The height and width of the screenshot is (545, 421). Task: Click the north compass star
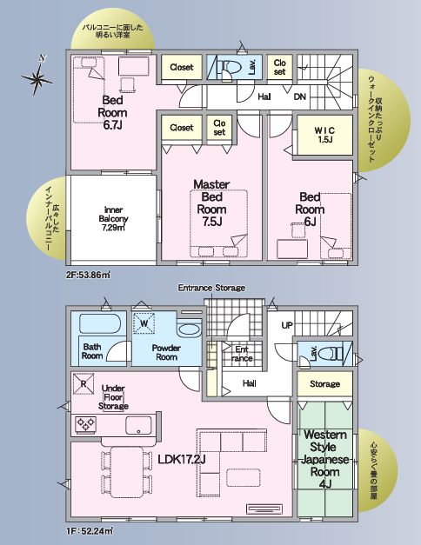coord(37,78)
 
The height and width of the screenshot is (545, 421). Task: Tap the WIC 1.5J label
coord(324,135)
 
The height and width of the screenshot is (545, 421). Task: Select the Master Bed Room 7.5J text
coord(211,203)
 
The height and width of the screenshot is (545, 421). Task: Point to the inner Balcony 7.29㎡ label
coord(113,219)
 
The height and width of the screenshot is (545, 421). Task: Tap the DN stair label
coord(300,96)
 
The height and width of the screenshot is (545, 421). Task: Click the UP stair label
coord(287,325)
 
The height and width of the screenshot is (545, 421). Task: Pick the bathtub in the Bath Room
coord(100,323)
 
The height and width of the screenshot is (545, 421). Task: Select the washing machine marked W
coord(144,323)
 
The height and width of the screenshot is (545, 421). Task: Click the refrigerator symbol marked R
coord(84,383)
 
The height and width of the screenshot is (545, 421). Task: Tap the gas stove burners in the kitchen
coord(85,424)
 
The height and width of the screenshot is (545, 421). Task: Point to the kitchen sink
coord(138,425)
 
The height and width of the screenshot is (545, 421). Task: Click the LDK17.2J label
coord(182,460)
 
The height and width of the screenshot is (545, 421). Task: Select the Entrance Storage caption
coord(211,288)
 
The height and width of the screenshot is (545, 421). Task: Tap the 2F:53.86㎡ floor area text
coord(89,275)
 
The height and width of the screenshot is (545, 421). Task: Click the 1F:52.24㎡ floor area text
coord(90,531)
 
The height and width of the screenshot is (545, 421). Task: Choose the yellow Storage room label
coord(324,384)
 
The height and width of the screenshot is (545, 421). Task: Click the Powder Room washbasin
coord(189,329)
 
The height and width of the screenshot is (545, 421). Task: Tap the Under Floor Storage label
coord(113,397)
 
